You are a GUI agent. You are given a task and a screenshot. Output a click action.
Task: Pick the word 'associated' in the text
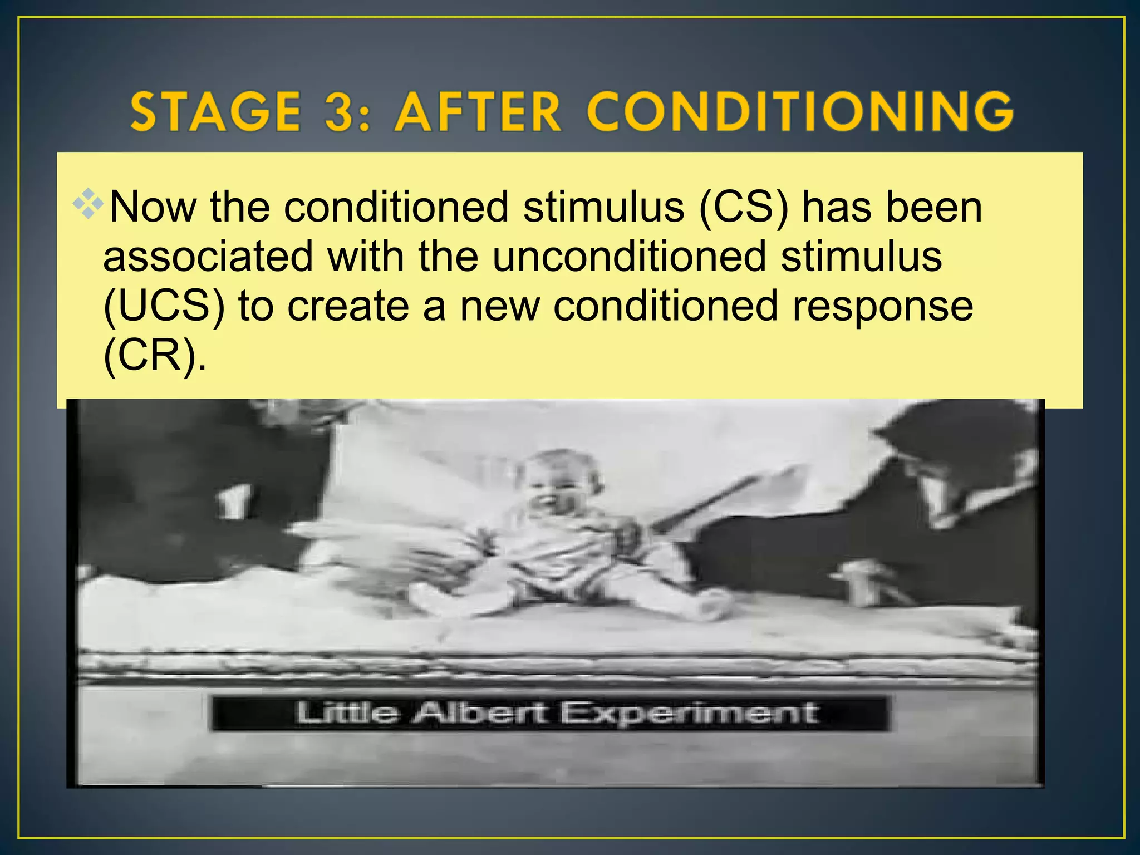point(208,257)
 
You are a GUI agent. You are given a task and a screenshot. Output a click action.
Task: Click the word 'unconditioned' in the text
point(630,257)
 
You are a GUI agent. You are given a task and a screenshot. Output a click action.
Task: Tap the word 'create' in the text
point(348,306)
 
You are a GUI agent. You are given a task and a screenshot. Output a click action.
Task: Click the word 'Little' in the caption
point(346,712)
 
